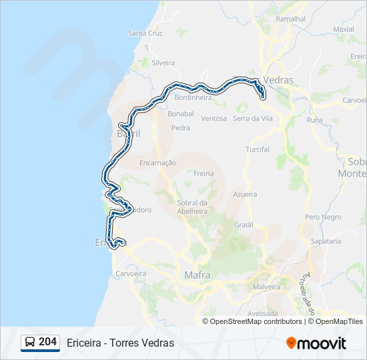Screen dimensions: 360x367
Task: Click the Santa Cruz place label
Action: [145, 33]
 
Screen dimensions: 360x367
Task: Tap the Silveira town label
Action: [163, 63]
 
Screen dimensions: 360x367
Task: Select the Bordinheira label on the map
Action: [193, 97]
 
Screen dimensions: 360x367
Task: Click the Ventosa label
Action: [214, 119]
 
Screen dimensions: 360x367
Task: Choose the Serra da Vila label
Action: [253, 119]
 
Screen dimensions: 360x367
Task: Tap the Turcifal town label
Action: [258, 149]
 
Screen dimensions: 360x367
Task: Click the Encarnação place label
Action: [158, 163]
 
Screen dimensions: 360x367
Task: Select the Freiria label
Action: [204, 173]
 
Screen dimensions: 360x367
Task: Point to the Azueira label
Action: [245, 194]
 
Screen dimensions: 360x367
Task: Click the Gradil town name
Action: [244, 225]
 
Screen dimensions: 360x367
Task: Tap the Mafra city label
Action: [197, 275]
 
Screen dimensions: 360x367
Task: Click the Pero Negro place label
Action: [323, 217]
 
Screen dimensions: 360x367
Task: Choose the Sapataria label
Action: [325, 241]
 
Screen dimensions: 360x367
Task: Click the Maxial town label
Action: [343, 29]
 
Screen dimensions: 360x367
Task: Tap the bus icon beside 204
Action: [30, 343]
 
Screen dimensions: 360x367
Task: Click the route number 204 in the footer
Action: [47, 342]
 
